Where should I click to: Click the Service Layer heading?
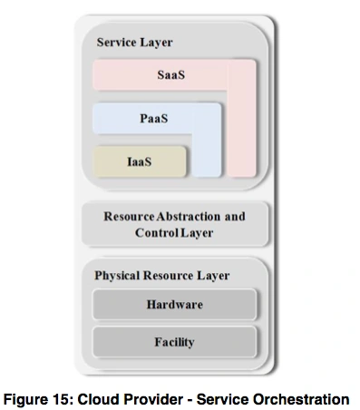134,43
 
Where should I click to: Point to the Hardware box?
174,304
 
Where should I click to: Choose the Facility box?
174,342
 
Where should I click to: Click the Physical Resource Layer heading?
161,275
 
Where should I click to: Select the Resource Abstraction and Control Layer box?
174,225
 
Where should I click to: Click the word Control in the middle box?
158,233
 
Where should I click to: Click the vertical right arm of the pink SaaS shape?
241,127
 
